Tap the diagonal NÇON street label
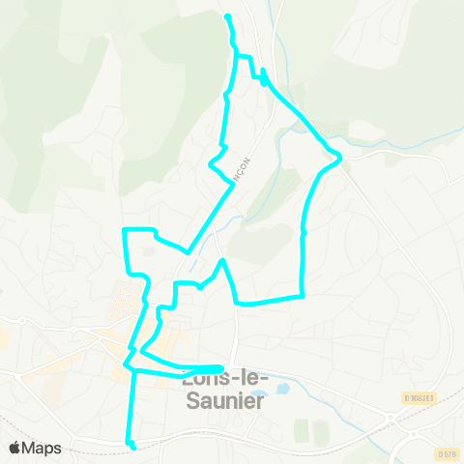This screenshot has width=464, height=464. (245, 166)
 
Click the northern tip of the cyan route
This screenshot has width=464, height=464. (227, 17)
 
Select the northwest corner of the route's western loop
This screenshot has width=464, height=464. (124, 230)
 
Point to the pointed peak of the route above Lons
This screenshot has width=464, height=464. (222, 260)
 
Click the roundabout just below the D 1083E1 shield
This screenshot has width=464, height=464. (391, 418)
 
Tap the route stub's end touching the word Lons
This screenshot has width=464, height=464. (221, 367)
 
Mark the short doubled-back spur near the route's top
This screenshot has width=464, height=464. (264, 77)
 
